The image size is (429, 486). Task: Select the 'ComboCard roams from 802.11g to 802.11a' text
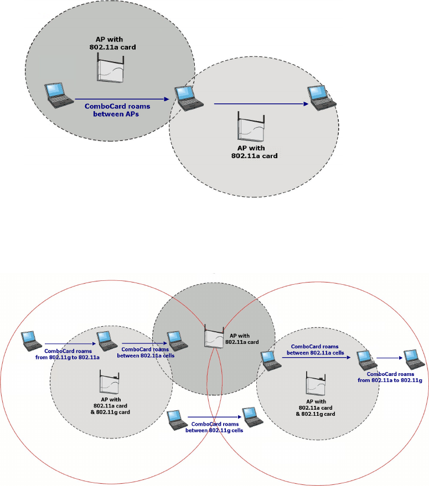[70, 354]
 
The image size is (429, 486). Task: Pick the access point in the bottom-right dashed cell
[314, 383]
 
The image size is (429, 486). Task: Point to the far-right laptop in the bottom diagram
[411, 359]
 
